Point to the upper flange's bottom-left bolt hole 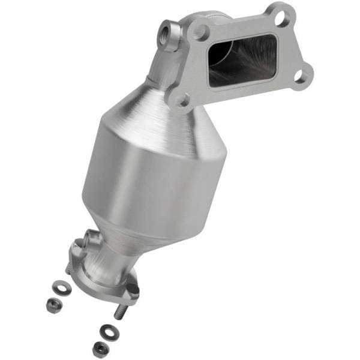(x=181, y=97)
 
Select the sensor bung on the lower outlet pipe (x=90, y=239)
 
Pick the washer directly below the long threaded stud (x=107, y=331)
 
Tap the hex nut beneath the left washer (x=53, y=305)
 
